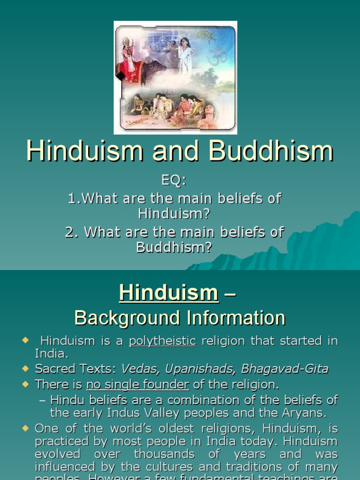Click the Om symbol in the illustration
217,56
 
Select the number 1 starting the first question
72,198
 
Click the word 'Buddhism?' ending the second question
174,247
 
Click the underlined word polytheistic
163,341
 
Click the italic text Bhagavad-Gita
285,369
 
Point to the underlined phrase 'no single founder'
138,385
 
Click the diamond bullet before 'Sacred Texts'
25,369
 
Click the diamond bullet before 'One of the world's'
25,428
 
